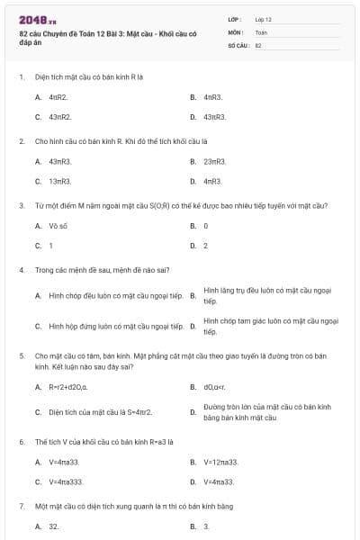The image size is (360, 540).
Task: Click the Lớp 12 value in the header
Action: tap(264, 19)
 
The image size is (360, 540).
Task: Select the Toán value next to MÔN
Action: tap(261, 31)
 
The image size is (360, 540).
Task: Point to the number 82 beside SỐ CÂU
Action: tap(258, 44)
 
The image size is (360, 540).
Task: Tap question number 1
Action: tap(21, 76)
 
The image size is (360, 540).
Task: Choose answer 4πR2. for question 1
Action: tap(58, 96)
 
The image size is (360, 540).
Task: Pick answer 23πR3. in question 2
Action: tap(214, 161)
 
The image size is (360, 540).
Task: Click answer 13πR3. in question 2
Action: tap(59, 181)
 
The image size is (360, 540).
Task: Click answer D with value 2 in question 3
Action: tap(205, 245)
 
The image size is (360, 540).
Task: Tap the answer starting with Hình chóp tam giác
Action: tap(271, 326)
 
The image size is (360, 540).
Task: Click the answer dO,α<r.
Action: tap(213, 387)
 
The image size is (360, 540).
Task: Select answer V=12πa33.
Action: tap(220, 462)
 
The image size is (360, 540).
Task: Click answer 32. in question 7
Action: tap(54, 526)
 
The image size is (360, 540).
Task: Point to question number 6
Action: tap(21, 442)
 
